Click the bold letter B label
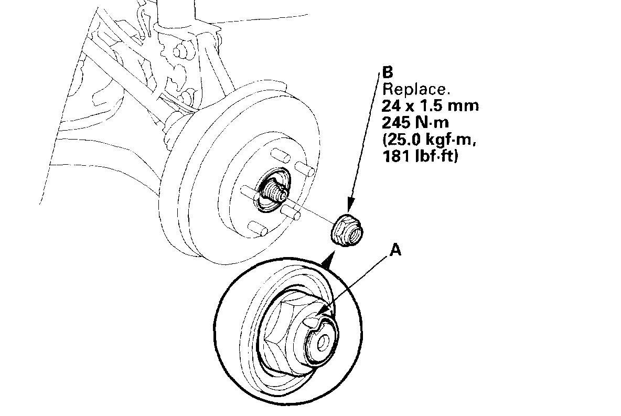[388, 72]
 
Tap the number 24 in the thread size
[391, 105]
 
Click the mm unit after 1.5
[464, 105]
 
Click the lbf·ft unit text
[436, 157]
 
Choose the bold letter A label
[396, 251]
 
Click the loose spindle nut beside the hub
[347, 231]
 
